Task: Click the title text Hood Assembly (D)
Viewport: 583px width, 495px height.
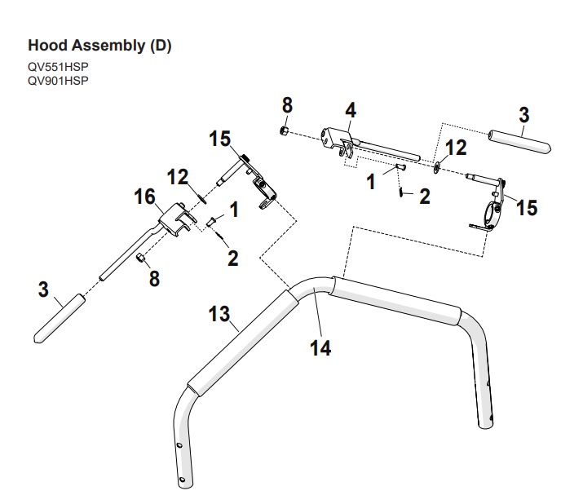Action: (99, 46)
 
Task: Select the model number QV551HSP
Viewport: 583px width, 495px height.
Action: (58, 67)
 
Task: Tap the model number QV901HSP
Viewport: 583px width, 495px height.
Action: (58, 81)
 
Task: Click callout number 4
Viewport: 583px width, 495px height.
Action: (351, 110)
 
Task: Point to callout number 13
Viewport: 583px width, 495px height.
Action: (219, 314)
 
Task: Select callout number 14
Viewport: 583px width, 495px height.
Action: (320, 348)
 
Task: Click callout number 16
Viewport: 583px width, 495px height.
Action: (144, 197)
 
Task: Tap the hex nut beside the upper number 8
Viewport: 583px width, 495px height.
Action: (285, 130)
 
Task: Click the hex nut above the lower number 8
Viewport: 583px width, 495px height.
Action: (140, 258)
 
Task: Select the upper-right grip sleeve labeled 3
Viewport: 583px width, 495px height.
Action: (519, 141)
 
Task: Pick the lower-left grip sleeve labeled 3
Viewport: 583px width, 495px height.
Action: (60, 318)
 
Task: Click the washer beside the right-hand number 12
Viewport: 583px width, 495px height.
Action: (436, 167)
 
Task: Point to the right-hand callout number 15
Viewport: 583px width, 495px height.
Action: (527, 207)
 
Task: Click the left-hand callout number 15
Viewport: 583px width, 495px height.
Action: (219, 139)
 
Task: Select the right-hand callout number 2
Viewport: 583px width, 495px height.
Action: (425, 196)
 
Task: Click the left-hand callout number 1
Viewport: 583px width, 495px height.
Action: (234, 210)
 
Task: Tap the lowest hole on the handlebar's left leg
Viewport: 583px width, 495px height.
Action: (182, 479)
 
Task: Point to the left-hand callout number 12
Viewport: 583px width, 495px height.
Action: (178, 177)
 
